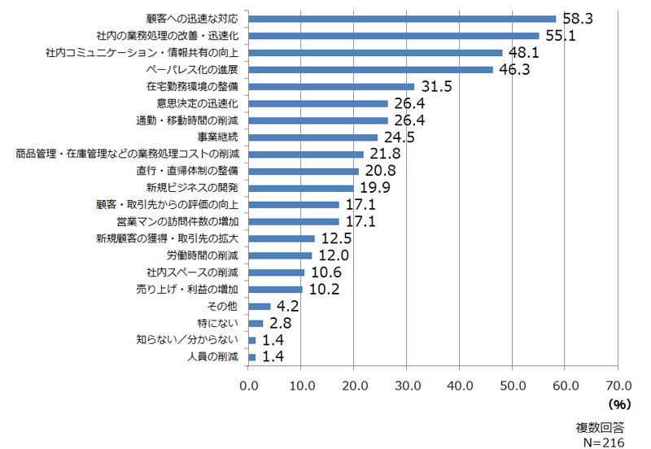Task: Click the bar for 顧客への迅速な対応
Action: [x=402, y=19]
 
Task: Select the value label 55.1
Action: [x=561, y=36]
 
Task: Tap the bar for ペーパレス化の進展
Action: [x=370, y=70]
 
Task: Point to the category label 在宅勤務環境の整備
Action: [x=192, y=86]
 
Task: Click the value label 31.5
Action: [x=436, y=86]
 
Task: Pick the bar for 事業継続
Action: [x=313, y=137]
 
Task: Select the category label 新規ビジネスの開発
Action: [x=192, y=188]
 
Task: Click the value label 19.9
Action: [x=375, y=188]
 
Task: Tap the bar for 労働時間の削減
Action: [x=280, y=255]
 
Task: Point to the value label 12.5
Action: [x=336, y=238]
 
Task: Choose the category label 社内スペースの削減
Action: [x=192, y=272]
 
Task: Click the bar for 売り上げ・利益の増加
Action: [x=275, y=290]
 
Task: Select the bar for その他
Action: [x=259, y=307]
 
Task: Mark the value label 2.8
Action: [x=280, y=323]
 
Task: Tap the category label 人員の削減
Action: [x=212, y=357]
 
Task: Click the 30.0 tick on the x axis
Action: [x=408, y=386]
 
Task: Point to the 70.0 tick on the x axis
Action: [x=618, y=386]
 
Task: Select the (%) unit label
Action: [x=619, y=403]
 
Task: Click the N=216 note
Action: [x=604, y=442]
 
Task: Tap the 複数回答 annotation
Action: [x=600, y=428]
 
